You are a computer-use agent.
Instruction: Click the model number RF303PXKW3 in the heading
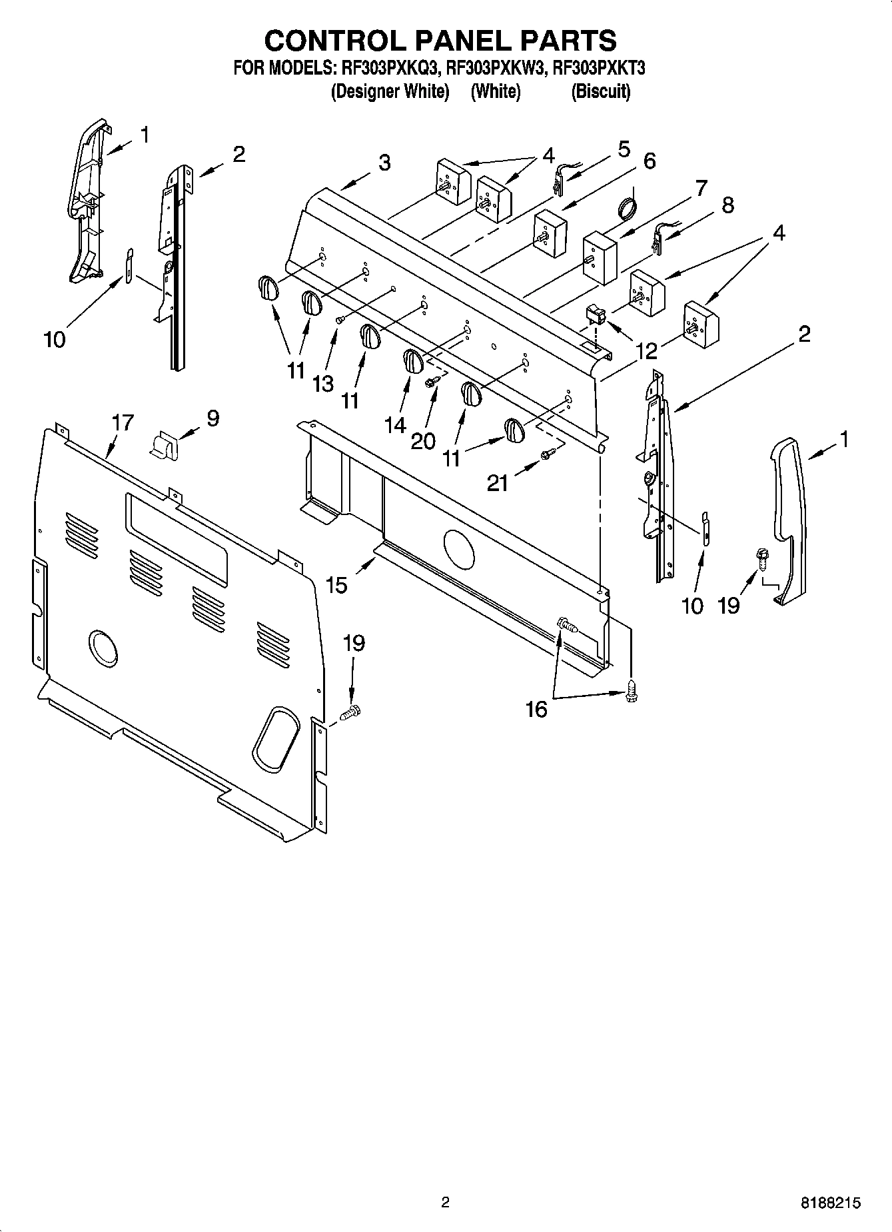pos(496,68)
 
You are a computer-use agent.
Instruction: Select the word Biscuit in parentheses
pos(600,91)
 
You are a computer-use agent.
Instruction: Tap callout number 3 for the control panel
pos(384,163)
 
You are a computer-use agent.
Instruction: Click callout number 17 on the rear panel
pos(123,422)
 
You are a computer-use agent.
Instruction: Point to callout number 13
pos(323,384)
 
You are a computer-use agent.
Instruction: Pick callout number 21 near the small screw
pos(498,482)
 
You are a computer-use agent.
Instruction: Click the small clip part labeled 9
pos(164,444)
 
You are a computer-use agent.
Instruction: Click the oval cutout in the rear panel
pos(274,740)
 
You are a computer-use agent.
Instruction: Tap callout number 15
pos(336,585)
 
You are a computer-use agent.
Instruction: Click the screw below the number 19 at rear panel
pos(350,713)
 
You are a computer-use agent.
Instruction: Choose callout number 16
pos(536,709)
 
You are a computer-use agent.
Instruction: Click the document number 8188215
pos(830,1203)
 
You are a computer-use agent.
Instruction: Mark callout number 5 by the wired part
pos(623,149)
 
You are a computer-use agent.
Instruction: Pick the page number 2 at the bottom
pos(445,1203)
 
